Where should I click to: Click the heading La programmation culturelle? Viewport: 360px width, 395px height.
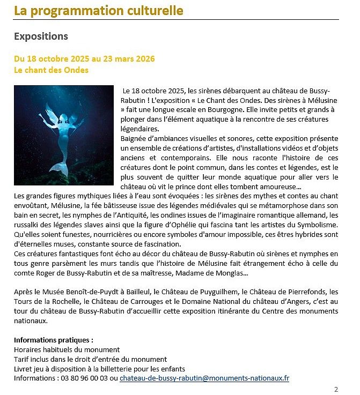point(98,11)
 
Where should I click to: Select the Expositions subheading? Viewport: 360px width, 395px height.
point(41,36)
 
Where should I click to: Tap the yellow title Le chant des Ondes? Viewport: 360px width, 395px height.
point(51,70)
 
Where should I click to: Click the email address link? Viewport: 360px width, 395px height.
point(204,378)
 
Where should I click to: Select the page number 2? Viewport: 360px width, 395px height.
point(336,390)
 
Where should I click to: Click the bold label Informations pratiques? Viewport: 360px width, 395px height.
point(53,340)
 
